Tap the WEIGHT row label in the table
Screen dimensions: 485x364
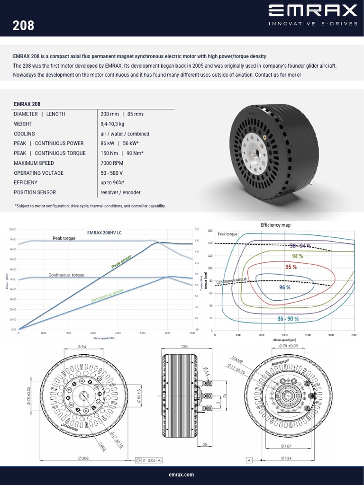[x=23, y=124]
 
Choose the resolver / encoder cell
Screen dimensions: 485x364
[x=120, y=192]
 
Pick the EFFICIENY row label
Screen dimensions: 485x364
[x=26, y=182]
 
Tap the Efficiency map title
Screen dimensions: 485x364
[x=275, y=225]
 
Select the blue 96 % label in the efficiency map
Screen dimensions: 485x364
[x=284, y=287]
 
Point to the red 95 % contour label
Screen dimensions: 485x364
[x=291, y=267]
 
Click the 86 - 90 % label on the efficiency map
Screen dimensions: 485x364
[x=288, y=319]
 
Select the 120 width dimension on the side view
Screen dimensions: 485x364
[x=184, y=347]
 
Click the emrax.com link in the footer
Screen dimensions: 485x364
[x=182, y=475]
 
